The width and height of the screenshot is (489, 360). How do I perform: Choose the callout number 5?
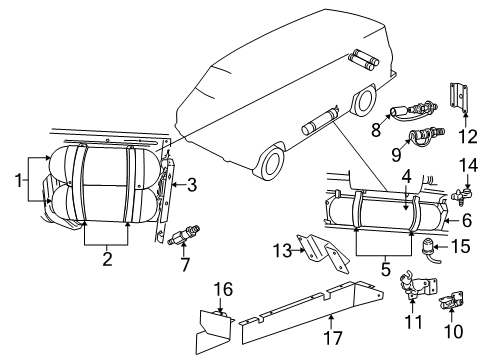click(385, 267)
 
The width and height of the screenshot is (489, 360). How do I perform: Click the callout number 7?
click(184, 264)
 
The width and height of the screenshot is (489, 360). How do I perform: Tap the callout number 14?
click(467, 165)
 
